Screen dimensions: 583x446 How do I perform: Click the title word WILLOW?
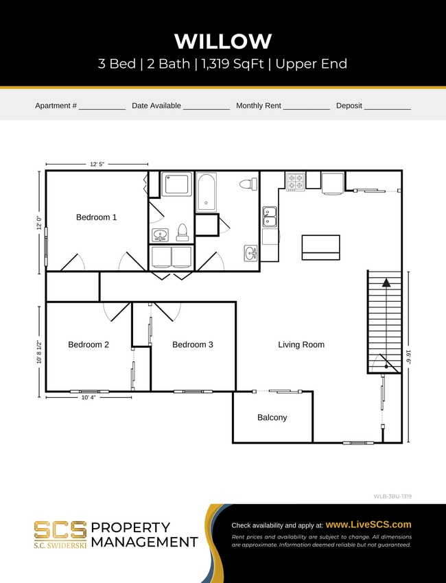(x=223, y=41)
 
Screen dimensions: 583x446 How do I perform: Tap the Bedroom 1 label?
(x=96, y=217)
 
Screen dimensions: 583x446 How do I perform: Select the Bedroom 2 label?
(x=89, y=344)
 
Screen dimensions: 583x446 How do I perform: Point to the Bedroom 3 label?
(x=192, y=344)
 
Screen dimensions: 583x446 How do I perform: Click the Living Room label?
(x=301, y=344)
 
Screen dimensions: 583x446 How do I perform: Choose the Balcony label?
(x=272, y=417)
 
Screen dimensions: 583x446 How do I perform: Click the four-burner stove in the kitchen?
(x=296, y=182)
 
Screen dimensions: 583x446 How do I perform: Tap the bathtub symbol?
(x=206, y=191)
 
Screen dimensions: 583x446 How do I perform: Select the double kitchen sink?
(x=270, y=216)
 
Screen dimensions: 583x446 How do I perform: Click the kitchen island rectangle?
(x=320, y=247)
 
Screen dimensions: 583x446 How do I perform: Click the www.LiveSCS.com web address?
(x=368, y=524)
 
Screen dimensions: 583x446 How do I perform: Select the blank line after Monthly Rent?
(x=306, y=106)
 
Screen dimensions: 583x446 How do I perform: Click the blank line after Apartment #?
(x=102, y=106)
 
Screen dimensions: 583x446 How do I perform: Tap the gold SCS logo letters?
(x=60, y=530)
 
